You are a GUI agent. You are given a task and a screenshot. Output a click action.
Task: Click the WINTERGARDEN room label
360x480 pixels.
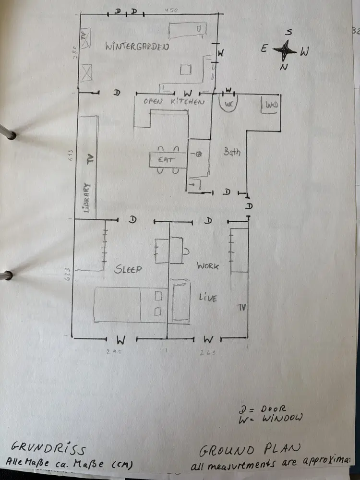(137, 47)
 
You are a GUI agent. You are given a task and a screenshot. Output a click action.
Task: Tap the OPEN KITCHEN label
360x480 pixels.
(174, 102)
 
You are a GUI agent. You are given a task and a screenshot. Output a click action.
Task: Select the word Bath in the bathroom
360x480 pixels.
(232, 152)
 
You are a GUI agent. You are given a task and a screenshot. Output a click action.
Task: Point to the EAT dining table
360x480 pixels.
(167, 159)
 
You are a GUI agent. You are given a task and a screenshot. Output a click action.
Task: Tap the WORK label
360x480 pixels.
(208, 266)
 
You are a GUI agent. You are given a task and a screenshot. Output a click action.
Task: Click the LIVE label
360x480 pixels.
(208, 298)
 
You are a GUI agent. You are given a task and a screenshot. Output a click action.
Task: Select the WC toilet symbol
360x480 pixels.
(229, 104)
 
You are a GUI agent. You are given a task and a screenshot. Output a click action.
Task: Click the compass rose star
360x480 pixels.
(286, 49)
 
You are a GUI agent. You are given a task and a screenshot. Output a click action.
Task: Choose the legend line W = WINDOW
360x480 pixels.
(271, 418)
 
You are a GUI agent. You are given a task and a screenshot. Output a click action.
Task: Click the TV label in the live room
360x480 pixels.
(241, 307)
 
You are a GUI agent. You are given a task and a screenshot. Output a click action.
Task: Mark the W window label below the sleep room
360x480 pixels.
(121, 340)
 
